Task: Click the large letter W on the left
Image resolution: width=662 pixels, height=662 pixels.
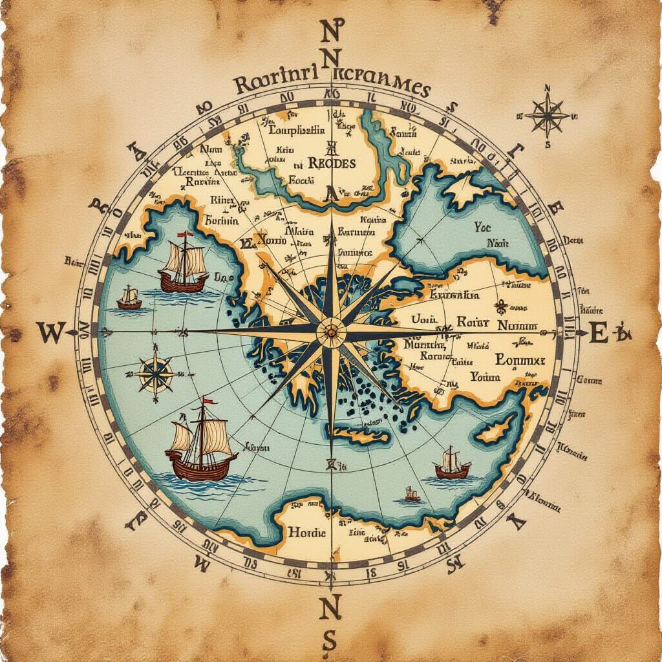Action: pyautogui.click(x=50, y=334)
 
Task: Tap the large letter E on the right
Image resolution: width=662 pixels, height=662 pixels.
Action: pyautogui.click(x=599, y=334)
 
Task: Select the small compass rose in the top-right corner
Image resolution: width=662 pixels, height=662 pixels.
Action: pyautogui.click(x=547, y=115)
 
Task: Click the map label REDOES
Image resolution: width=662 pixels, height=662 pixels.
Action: pyautogui.click(x=332, y=164)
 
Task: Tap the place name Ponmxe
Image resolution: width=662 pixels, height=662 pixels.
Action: pyautogui.click(x=519, y=359)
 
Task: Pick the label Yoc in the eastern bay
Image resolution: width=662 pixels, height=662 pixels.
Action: pyautogui.click(x=482, y=227)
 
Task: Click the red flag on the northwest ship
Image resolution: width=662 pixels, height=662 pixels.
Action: pyautogui.click(x=187, y=234)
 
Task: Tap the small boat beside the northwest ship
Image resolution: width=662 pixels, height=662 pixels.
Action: pyautogui.click(x=130, y=299)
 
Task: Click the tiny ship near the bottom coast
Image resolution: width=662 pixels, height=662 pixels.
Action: pyautogui.click(x=412, y=495)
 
